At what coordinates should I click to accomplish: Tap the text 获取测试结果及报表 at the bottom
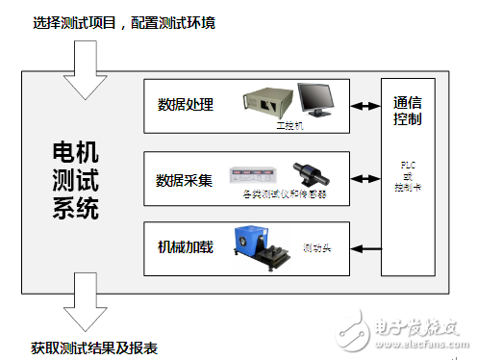[94, 347]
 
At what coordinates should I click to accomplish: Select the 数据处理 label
[186, 104]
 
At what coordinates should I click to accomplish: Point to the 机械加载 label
[186, 247]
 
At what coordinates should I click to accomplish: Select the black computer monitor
[316, 100]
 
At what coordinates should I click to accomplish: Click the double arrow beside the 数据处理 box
[367, 105]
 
